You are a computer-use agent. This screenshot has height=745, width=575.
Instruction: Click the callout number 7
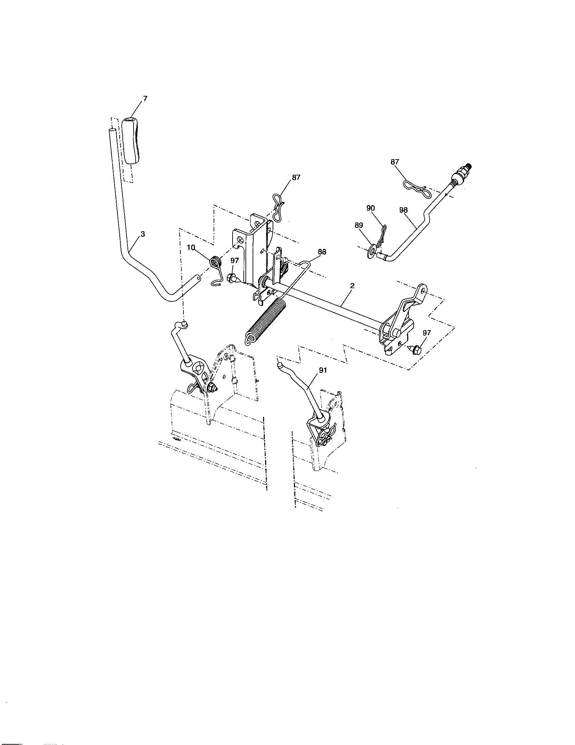(x=145, y=99)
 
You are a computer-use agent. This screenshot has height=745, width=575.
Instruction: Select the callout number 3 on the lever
(x=143, y=234)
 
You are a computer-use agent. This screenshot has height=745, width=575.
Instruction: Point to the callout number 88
(x=321, y=252)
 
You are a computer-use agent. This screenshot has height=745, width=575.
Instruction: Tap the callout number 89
(x=359, y=225)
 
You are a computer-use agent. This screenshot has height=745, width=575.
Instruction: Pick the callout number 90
(x=371, y=208)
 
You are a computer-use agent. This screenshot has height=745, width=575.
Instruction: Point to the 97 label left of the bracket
(x=235, y=260)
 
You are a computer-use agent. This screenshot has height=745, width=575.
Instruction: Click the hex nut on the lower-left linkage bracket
(x=211, y=388)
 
